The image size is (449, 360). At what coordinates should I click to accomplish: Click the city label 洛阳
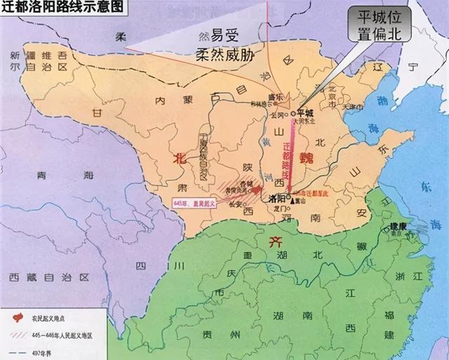coord(279,199)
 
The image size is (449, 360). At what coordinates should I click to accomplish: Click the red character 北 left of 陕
coord(180,159)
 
